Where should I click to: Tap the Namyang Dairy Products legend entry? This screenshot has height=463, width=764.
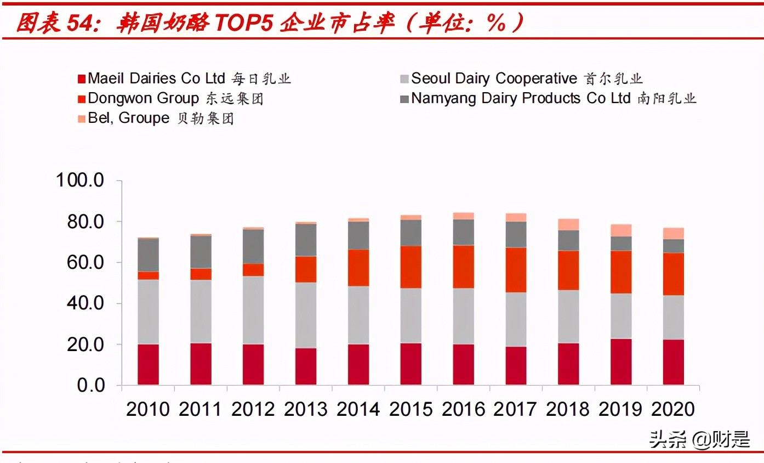[548, 98]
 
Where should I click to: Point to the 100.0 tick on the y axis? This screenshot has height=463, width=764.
[80, 180]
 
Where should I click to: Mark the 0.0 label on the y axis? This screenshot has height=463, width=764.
[90, 385]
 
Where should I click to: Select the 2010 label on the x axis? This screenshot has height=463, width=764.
[148, 409]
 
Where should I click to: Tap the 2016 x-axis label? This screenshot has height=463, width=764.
[464, 409]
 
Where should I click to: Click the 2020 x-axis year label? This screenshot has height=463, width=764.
[674, 409]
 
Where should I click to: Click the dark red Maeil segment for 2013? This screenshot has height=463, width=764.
[306, 366]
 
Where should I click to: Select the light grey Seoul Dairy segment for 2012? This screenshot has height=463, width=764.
[253, 310]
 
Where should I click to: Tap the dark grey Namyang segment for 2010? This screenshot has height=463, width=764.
[148, 255]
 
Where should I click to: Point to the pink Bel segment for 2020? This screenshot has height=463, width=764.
[674, 233]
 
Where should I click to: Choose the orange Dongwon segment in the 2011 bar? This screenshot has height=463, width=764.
[201, 274]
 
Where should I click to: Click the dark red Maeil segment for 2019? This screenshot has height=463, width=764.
[621, 362]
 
